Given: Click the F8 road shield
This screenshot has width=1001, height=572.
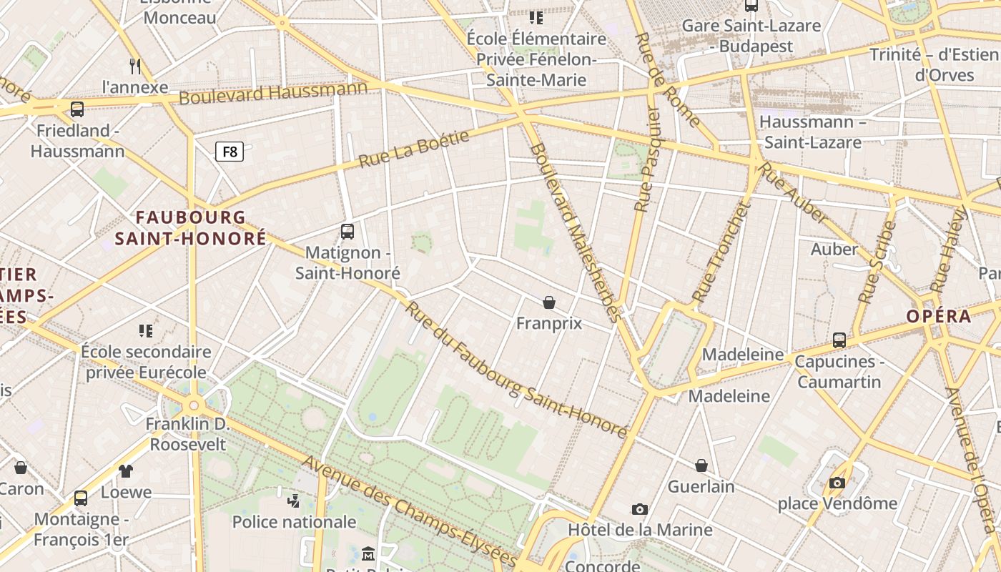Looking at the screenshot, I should pos(230,152).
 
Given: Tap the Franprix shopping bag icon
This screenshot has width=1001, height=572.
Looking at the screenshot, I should pos(549,302).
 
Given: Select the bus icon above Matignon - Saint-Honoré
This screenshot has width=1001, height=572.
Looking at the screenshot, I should pos(347,231).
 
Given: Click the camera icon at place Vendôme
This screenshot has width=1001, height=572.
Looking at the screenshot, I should pos(837,483).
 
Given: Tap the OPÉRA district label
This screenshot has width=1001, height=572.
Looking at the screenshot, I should pos(939,316).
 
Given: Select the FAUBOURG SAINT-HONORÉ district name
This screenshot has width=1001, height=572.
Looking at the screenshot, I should pos(190,228).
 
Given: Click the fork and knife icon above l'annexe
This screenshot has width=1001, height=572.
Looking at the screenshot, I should pos(135,66).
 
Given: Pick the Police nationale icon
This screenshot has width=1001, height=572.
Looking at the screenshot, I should pos(293,500).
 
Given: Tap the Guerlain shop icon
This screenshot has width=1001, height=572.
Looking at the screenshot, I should pos(701,465).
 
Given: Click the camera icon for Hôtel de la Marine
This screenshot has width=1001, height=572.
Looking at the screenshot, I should pos(640,509).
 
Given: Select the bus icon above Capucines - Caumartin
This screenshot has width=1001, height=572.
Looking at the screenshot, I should pos(839,340).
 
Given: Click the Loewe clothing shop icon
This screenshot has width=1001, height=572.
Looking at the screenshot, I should pos(126,470).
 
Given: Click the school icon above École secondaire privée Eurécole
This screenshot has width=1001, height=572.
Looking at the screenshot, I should pos(146,330).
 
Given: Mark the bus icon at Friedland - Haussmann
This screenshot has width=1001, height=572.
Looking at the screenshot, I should pos(77,109).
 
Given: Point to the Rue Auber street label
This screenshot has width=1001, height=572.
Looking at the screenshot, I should pos(794,193).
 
